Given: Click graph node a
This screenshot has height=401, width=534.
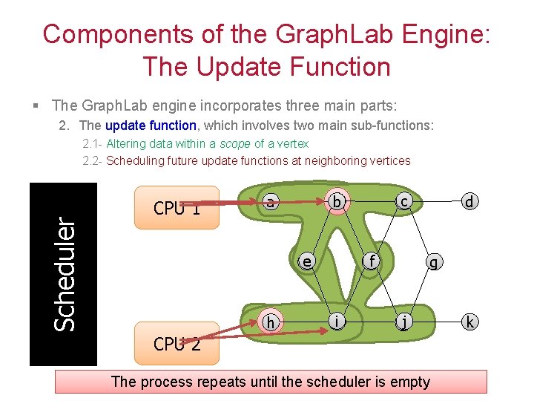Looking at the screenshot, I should click(271, 201).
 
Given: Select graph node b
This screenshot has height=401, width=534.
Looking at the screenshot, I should click(337, 201).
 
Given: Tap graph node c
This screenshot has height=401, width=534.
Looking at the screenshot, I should click(402, 201).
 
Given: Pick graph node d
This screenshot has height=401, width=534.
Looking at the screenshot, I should click(468, 201).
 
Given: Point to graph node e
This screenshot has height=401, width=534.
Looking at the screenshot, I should click(306, 261).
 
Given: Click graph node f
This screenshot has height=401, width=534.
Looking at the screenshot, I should click(371, 261).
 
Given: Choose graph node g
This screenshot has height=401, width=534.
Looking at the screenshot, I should click(435, 261).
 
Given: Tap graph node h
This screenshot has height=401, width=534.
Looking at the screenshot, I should click(271, 322).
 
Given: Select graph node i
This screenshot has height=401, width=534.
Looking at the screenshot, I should click(337, 322).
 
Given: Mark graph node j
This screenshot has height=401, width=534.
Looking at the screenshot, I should click(403, 322).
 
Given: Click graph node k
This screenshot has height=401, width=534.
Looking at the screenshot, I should click(468, 322).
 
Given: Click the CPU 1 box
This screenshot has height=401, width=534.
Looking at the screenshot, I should click(177, 207).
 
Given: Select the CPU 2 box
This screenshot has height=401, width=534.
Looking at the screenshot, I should click(177, 343).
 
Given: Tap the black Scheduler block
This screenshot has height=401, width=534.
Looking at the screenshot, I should click(63, 274).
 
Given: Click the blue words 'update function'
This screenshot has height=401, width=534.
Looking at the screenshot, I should click(151, 125).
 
